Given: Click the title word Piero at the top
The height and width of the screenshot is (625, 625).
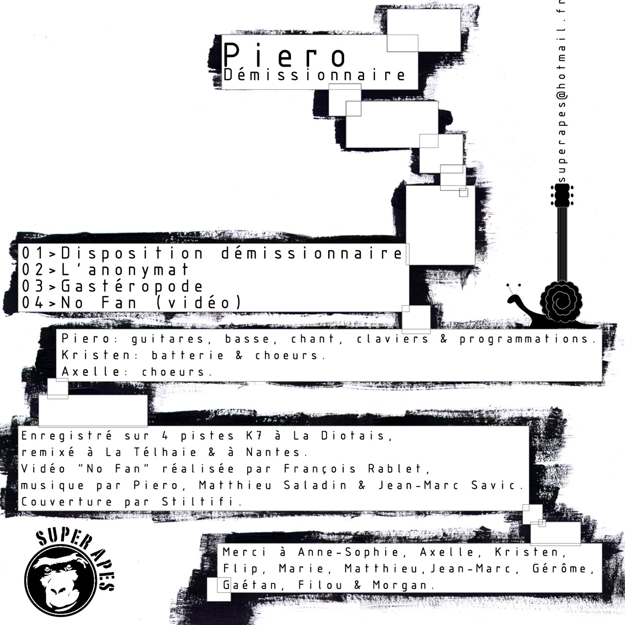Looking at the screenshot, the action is pos(284,55).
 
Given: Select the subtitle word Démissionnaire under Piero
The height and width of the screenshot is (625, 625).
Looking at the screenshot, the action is pos(314,76).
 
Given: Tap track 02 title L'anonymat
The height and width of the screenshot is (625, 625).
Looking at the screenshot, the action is pos(125,270).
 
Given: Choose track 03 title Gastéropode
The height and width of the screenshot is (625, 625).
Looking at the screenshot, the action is pos(132,286).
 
